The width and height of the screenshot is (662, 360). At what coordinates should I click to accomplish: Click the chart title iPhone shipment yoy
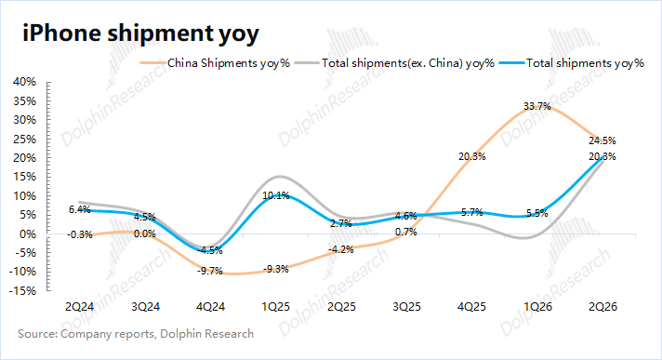(140, 33)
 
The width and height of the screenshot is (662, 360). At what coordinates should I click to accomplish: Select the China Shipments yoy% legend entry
(216, 63)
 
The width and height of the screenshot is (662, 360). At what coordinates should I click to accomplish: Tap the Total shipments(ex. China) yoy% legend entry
(395, 63)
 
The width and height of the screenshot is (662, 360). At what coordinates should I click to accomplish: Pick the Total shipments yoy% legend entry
(572, 63)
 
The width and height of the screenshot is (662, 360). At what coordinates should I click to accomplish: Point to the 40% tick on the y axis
(24, 82)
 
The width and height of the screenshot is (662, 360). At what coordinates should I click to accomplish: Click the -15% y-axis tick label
(22, 291)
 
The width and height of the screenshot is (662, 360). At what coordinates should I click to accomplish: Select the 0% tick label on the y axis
(28, 233)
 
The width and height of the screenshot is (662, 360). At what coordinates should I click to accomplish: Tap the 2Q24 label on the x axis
(79, 306)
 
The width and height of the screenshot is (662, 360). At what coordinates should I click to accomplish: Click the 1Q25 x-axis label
(276, 306)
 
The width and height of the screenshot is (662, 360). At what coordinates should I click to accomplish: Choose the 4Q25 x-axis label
(471, 306)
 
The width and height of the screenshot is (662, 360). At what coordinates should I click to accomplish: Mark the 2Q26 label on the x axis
(602, 306)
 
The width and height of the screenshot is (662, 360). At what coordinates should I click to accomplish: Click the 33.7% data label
(537, 106)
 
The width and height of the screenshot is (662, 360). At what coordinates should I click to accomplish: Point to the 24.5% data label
(602, 140)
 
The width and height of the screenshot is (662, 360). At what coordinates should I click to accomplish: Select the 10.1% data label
(276, 195)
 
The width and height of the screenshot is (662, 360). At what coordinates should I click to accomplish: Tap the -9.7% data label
(210, 272)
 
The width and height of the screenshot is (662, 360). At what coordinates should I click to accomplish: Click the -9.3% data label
(276, 269)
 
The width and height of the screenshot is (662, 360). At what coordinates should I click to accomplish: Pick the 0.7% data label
(406, 232)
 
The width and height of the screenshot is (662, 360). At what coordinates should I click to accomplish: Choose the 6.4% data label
(80, 209)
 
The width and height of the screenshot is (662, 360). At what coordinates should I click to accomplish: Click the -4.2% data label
(340, 249)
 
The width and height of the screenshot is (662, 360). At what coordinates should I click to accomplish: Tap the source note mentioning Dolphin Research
(136, 334)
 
